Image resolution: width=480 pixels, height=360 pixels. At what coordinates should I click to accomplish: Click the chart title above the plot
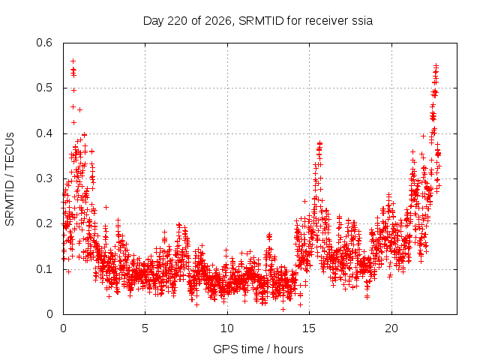point(258,21)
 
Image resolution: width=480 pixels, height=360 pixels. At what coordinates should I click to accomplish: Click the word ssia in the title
point(362,21)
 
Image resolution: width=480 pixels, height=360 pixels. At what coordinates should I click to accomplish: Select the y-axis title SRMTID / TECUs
point(10,179)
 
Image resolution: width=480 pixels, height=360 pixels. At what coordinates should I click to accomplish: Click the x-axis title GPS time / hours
point(258,349)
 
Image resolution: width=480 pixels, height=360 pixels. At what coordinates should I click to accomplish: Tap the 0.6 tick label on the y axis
point(44,43)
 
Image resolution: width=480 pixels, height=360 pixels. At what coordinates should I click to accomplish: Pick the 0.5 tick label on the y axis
point(44,88)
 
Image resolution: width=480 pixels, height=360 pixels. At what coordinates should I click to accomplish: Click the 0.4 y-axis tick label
point(44,133)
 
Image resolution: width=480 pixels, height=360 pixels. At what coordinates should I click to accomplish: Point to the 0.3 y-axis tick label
point(44,178)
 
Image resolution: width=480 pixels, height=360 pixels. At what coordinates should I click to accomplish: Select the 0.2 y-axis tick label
point(44,223)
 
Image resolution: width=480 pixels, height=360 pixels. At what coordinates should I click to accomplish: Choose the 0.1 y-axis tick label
point(44,269)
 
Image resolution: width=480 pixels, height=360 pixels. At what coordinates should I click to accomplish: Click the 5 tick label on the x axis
point(145,328)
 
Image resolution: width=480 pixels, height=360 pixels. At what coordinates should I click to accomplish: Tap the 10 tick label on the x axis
point(227,328)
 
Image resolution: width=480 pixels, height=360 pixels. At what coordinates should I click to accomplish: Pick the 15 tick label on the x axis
point(309,328)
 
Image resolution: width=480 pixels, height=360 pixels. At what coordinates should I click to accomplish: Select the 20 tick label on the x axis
point(391,328)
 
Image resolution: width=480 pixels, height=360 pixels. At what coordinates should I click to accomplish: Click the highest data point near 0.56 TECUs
point(73,61)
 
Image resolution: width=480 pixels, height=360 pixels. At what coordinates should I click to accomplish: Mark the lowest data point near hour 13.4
point(283,309)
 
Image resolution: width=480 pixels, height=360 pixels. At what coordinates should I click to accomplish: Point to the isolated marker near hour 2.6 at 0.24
point(106,207)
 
